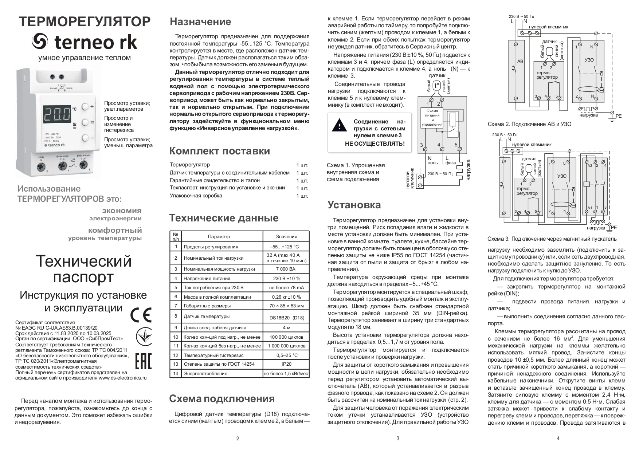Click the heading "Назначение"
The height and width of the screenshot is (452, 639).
point(200,22)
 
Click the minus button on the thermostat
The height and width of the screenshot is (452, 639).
point(86,138)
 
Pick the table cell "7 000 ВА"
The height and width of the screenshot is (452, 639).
point(286,269)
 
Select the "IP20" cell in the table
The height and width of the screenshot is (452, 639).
point(286,364)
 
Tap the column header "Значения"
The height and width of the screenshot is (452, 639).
point(286,236)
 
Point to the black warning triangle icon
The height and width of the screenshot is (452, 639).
point(339,125)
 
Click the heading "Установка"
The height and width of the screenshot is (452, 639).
point(354,205)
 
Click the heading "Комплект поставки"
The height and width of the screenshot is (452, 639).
point(220,151)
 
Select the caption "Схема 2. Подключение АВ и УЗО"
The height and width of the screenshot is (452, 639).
point(529,124)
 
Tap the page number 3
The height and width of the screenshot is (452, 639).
point(398,439)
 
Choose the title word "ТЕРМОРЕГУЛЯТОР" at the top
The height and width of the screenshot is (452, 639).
point(85,22)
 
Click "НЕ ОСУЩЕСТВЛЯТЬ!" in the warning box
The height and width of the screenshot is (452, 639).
point(375,144)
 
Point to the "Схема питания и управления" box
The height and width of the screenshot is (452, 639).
point(432,118)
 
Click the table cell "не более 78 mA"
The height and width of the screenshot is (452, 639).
point(286,288)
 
